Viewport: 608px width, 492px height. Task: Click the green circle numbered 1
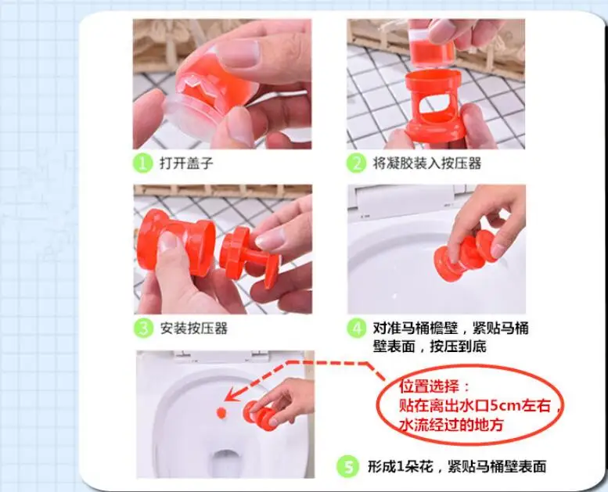coord(142,163)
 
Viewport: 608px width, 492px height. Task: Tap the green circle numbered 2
coord(356,163)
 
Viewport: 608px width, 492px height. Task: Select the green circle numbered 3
coord(143,329)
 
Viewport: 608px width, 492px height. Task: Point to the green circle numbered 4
coord(356,329)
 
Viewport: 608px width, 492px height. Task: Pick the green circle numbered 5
coord(347,466)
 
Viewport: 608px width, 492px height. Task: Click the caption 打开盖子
coord(186,163)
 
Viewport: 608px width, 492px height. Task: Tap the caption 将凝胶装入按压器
coord(427,163)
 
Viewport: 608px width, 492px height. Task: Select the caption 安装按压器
coord(194,329)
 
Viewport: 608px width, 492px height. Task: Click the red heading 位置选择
coord(434,386)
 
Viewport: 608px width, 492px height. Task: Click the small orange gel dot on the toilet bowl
coord(221,412)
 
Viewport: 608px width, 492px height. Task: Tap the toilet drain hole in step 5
coord(225,461)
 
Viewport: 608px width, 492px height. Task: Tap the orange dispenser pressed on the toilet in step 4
coord(465,255)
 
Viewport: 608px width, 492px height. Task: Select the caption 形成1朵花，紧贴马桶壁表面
coord(457,466)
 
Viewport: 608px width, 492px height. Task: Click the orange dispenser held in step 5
coord(260,415)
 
